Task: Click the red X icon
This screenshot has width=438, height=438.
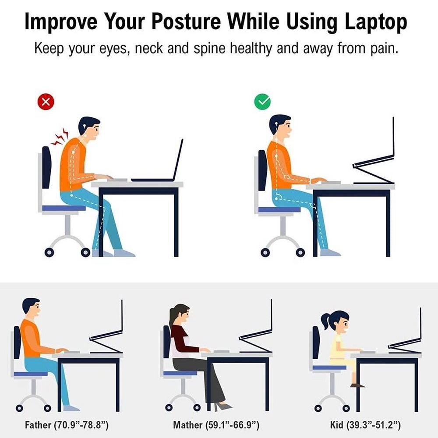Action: click(x=46, y=102)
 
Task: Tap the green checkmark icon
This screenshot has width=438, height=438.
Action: click(x=262, y=102)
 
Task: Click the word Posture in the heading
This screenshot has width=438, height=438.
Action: click(x=186, y=21)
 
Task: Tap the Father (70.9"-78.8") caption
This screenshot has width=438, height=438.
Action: click(x=67, y=425)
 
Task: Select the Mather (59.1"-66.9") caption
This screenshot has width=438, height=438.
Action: click(x=216, y=425)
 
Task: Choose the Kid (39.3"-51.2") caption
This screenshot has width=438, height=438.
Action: click(x=365, y=425)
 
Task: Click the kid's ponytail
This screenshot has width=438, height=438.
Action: click(x=326, y=321)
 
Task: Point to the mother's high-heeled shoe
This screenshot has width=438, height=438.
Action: click(x=223, y=406)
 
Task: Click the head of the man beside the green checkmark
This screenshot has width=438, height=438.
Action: click(x=280, y=127)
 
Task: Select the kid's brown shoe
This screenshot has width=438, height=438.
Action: click(x=357, y=385)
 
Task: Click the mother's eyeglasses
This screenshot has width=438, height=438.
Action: click(x=186, y=314)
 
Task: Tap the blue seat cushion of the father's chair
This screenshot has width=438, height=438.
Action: click(x=31, y=374)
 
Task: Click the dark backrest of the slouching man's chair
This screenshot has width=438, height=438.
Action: click(x=46, y=167)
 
